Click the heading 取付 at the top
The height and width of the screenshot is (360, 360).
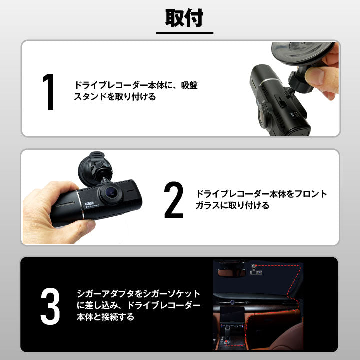tap(184, 18)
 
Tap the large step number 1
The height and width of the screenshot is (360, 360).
tap(48, 92)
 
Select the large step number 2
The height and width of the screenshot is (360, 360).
tap(174, 200)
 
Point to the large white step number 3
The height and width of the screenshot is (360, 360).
tap(50, 306)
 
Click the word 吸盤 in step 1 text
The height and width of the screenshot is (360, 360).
tap(189, 85)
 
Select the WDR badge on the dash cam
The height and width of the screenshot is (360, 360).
tap(89, 203)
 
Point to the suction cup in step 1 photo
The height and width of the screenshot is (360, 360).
tap(302, 53)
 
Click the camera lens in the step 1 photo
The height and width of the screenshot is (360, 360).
tap(263, 115)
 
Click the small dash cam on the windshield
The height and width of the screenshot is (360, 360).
tap(256, 270)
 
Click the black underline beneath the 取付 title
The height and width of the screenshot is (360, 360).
tap(185, 33)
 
